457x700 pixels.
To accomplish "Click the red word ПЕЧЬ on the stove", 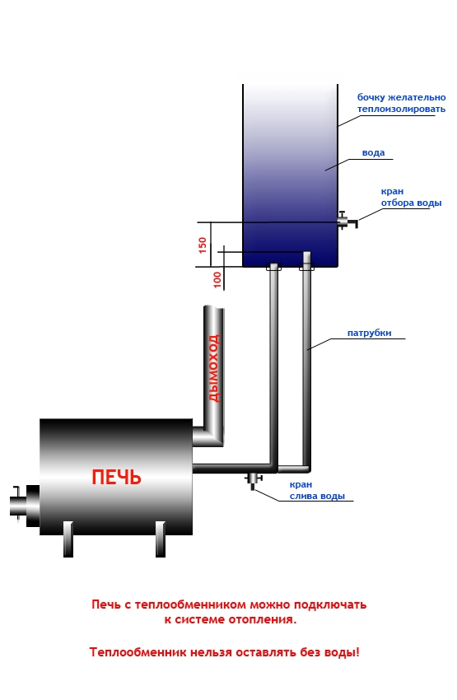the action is [x=116, y=477].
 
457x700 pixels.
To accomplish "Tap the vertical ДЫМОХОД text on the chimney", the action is [x=215, y=368].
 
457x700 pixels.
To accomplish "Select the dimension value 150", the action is [x=203, y=245].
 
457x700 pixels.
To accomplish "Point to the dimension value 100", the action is [x=217, y=279].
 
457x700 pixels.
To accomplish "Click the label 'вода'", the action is [x=373, y=152].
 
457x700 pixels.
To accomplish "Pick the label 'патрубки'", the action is [x=369, y=333].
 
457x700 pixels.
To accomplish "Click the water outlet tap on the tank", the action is [x=347, y=220].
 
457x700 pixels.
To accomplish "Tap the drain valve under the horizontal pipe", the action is [x=253, y=481].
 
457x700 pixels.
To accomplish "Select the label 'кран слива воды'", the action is [x=317, y=490].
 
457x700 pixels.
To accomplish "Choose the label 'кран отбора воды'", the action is [x=411, y=198].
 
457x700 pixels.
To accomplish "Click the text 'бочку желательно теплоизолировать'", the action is [x=401, y=103].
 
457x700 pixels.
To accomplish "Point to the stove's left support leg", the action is [x=68, y=539].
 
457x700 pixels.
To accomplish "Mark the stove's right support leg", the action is [x=161, y=539].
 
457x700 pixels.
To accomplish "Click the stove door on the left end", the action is [x=25, y=506].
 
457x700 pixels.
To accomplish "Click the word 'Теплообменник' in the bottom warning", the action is [x=138, y=652].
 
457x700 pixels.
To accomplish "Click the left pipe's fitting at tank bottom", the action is [x=273, y=268].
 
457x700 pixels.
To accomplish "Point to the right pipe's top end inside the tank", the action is [x=306, y=254].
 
